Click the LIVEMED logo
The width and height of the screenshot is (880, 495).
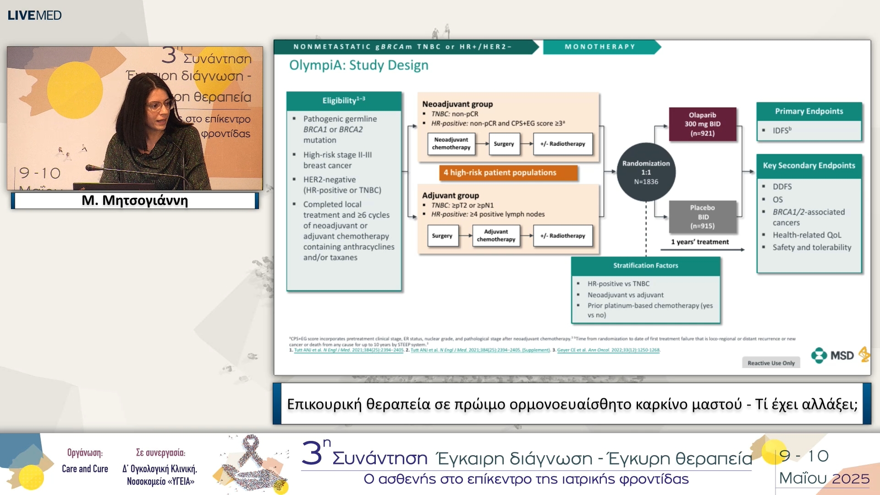34,15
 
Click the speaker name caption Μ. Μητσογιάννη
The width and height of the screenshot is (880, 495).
135,200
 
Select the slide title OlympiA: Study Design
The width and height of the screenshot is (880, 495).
358,65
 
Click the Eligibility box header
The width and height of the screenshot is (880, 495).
344,100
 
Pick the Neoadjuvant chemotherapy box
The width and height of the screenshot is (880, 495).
451,143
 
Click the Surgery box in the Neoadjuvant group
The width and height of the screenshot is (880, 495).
504,143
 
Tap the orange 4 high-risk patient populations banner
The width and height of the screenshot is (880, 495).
500,172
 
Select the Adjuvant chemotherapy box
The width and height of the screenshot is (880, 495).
496,236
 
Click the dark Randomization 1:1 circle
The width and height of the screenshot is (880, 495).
646,172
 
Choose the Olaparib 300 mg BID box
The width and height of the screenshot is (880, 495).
702,124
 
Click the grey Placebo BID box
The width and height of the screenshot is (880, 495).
702,217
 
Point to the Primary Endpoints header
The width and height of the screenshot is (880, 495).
808,111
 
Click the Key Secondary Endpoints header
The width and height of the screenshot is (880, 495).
808,165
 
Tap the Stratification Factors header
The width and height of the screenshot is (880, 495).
645,265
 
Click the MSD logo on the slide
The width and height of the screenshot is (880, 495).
833,356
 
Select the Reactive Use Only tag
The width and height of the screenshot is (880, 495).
771,363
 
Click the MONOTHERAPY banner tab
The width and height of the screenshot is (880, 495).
599,47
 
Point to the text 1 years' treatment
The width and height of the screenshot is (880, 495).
699,242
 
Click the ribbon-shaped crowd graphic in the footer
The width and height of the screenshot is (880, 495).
252,463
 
